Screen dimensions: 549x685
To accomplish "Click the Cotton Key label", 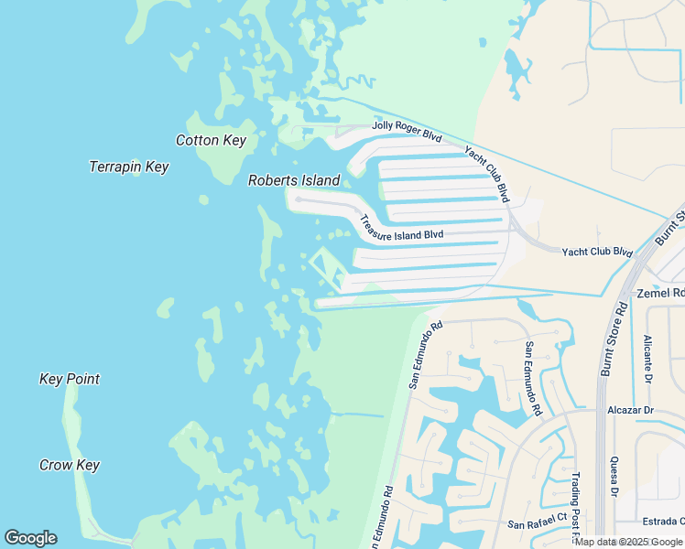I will [x=211, y=140].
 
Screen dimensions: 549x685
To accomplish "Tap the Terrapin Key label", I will [x=129, y=167].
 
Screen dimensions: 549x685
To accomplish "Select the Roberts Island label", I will [x=294, y=180].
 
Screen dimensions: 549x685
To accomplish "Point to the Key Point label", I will [x=70, y=379].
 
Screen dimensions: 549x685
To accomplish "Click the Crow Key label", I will [x=70, y=465].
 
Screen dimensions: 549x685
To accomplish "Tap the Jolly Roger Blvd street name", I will [x=407, y=132].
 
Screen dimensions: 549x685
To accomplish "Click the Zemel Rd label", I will [x=659, y=294].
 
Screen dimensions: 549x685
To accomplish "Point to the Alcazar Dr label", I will [x=630, y=410].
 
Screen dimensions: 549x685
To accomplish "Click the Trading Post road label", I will [x=576, y=504].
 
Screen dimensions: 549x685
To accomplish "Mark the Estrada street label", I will [x=663, y=522].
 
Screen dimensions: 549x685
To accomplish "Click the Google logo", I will [x=30, y=538].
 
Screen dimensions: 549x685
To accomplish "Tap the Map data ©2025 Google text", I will [x=628, y=542].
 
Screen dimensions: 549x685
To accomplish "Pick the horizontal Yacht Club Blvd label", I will [x=597, y=252].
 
